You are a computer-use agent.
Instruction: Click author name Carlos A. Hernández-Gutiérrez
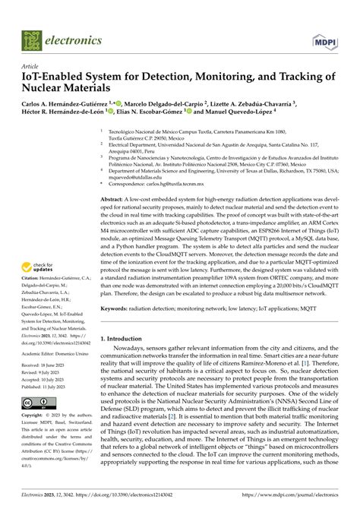(x=66, y=103)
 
